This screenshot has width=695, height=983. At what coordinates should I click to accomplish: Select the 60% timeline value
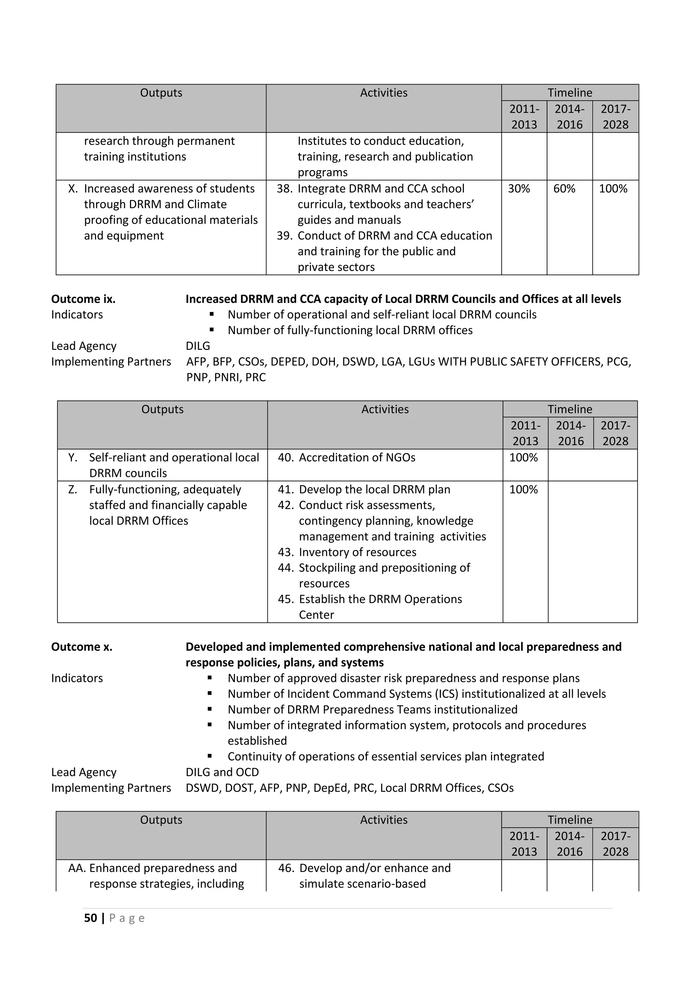(x=564, y=189)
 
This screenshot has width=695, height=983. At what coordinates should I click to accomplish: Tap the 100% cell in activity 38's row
(x=613, y=189)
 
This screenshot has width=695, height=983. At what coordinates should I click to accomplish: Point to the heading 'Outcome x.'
(x=82, y=647)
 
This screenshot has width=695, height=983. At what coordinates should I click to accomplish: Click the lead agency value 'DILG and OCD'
(x=222, y=772)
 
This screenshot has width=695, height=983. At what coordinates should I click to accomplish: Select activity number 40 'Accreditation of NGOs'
(x=346, y=457)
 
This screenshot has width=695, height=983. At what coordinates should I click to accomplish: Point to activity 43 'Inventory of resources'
(x=346, y=552)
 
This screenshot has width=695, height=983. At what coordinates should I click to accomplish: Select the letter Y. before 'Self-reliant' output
(x=73, y=457)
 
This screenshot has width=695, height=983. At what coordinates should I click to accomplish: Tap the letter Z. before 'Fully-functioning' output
(x=73, y=489)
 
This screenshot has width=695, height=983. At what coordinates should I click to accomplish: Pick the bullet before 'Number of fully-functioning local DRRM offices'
(x=211, y=330)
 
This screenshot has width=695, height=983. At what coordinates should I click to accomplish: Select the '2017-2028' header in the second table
(x=615, y=433)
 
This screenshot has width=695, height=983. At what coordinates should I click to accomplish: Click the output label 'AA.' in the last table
(x=77, y=868)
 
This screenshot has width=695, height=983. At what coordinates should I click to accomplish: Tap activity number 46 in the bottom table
(x=286, y=868)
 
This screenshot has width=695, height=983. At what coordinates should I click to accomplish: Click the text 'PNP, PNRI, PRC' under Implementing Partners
(x=226, y=377)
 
